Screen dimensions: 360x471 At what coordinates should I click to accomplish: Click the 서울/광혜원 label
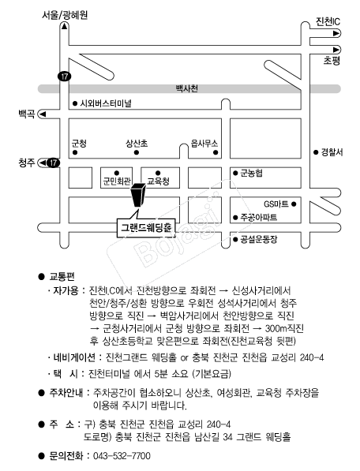pyautogui.click(x=65, y=15)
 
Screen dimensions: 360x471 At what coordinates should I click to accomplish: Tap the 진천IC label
pyautogui.click(x=328, y=21)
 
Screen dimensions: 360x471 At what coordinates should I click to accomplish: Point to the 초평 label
pyautogui.click(x=332, y=61)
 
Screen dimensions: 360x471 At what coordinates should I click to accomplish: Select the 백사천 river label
pyautogui.click(x=186, y=88)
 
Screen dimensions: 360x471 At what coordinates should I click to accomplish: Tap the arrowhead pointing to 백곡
pyautogui.click(x=43, y=114)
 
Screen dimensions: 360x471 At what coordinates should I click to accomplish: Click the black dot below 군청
pyautogui.click(x=75, y=152)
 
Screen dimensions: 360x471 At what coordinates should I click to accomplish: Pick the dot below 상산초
pyautogui.click(x=137, y=152)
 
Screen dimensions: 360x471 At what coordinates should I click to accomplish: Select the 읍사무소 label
pyautogui.click(x=204, y=144)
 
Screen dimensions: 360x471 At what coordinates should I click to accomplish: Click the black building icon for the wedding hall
pyautogui.click(x=138, y=195)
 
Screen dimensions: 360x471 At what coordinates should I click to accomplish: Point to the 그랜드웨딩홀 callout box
pyautogui.click(x=146, y=228)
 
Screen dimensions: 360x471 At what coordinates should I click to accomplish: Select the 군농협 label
pyautogui.click(x=252, y=173)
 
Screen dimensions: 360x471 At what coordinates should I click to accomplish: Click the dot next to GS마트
pyautogui.click(x=294, y=204)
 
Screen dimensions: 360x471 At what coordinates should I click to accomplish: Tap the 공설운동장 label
pyautogui.click(x=259, y=239)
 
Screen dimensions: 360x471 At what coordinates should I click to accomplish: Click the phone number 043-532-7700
pyautogui.click(x=122, y=456)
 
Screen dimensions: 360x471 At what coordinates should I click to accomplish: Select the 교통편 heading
pyautogui.click(x=62, y=276)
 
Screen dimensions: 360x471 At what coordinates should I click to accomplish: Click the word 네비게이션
pyautogui.click(x=74, y=357)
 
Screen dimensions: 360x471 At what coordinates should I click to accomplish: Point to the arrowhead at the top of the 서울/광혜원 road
pyautogui.click(x=64, y=27)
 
